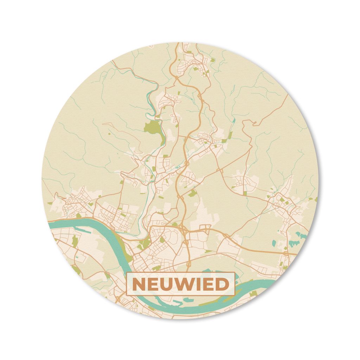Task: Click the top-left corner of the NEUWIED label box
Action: [127, 272]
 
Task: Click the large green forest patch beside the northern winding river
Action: [153, 128]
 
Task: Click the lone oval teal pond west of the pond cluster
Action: [275, 243]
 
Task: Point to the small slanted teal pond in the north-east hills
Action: [234, 120]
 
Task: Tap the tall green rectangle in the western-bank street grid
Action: [74, 241]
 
